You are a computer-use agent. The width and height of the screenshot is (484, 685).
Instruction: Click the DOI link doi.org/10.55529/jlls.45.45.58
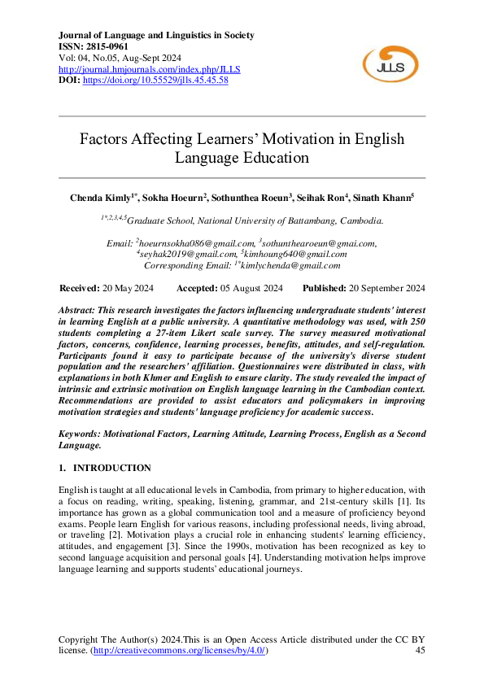tap(155, 80)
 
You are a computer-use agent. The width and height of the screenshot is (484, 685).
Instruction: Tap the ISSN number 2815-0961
tap(109, 47)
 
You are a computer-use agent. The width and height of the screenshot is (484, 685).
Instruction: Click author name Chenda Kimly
tap(101, 198)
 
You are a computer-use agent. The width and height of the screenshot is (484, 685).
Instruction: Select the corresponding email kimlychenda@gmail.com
tap(290, 265)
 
